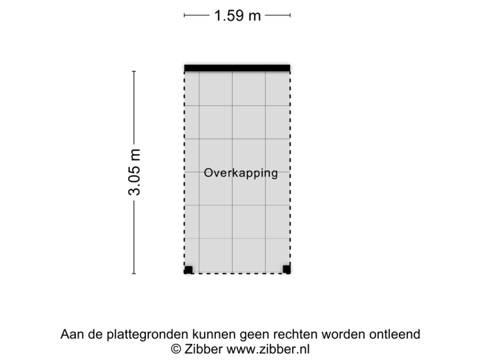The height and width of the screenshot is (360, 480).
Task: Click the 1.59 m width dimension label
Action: click(237, 15)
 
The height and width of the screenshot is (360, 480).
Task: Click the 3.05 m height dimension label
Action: click(134, 172)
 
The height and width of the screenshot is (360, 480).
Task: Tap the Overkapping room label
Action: click(241, 173)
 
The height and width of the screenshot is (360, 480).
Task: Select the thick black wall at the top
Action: click(237, 66)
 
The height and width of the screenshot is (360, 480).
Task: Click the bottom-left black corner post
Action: click(187, 270)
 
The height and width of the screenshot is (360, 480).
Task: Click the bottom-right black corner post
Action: click(287, 270)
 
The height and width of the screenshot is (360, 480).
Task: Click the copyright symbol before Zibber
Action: click(176, 349)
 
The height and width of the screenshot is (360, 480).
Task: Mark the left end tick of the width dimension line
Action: click(185, 15)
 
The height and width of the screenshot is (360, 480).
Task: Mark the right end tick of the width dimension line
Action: click(290, 15)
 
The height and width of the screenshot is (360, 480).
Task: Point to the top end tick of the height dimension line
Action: click(134, 71)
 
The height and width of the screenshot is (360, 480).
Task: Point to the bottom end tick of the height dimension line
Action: click(134, 273)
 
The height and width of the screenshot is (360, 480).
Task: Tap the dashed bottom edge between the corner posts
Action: click(237, 273)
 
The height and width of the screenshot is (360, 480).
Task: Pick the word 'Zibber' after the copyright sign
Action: click(204, 349)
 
